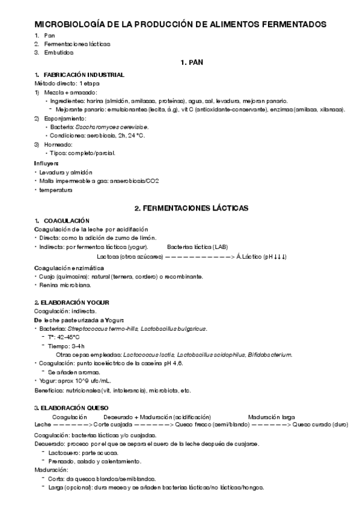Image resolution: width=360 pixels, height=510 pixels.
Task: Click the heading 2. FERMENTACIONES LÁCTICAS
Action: [191, 208]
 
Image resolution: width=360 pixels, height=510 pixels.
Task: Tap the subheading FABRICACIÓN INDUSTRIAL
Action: [84, 75]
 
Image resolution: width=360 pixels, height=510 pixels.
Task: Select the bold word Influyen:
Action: [46, 164]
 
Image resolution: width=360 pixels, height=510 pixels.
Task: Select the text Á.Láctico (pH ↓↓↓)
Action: [261, 257]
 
